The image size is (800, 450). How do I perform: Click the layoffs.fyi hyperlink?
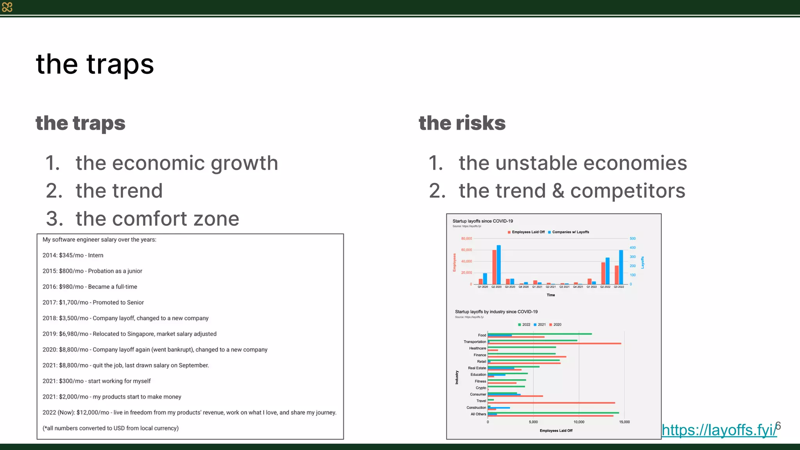click(719, 430)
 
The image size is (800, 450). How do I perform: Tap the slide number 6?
click(779, 425)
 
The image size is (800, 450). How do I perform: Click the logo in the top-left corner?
click(7, 7)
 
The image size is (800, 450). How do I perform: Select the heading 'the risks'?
click(462, 123)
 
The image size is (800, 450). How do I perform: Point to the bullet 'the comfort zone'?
click(157, 218)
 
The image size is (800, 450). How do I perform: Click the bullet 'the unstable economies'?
click(572, 163)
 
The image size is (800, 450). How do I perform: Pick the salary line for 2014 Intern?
click(73, 255)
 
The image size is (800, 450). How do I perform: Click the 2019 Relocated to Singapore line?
click(129, 334)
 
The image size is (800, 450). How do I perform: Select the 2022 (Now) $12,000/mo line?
click(189, 412)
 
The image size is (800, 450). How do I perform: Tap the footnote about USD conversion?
click(111, 428)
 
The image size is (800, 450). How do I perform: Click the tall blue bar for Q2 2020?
click(499, 264)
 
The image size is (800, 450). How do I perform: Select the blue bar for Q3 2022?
click(621, 267)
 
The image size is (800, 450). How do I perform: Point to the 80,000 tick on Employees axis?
click(466, 238)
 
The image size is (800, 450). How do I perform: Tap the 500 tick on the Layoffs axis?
click(632, 238)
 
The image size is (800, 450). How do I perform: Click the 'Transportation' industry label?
click(475, 342)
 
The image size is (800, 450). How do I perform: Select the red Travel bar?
click(551, 403)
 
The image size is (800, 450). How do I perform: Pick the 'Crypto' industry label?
click(481, 388)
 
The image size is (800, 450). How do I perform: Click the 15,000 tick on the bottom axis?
click(624, 422)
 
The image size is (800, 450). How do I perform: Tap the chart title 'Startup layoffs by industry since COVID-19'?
click(496, 312)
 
